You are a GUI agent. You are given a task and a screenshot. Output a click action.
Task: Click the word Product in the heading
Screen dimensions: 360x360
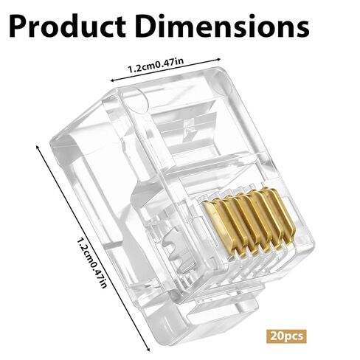(x=68, y=26)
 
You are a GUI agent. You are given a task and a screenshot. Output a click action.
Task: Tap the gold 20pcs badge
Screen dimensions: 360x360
(x=286, y=336)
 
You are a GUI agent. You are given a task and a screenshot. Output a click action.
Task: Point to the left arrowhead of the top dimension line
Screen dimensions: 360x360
(x=112, y=80)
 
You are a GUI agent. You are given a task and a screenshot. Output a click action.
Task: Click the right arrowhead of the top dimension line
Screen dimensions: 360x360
(x=218, y=59)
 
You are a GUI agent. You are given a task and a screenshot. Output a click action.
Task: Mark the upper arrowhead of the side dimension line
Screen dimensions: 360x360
(x=38, y=148)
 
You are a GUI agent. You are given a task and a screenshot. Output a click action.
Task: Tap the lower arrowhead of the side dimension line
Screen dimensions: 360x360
(x=148, y=349)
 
